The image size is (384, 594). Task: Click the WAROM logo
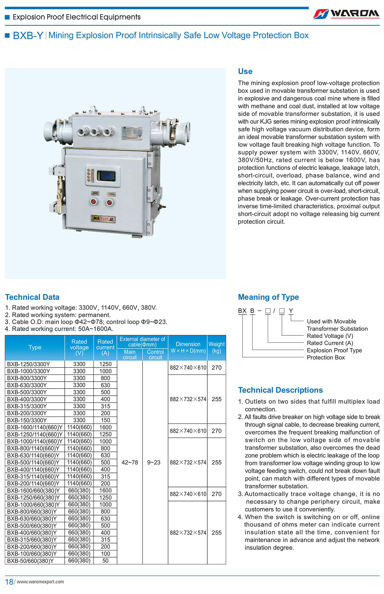[346, 14]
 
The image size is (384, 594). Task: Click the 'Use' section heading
[245, 71]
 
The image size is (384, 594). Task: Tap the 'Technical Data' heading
[32, 297]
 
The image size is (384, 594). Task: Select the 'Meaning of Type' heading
[268, 297]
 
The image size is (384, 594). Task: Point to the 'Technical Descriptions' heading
[280, 390]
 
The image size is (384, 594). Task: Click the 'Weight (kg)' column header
[217, 347]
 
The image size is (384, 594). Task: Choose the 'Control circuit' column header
[155, 354]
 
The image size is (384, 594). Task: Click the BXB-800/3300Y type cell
[27, 378]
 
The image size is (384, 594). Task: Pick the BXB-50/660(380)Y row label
[30, 561]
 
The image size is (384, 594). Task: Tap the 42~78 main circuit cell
[130, 462]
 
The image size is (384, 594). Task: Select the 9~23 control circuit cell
[154, 462]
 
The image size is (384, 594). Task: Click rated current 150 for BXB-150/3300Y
[105, 420]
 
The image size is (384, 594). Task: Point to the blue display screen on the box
[106, 176]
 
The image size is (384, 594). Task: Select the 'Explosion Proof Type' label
[334, 350]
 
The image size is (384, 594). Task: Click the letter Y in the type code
[291, 310]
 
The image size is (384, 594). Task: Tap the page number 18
[9, 582]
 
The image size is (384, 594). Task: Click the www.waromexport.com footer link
[40, 582]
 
